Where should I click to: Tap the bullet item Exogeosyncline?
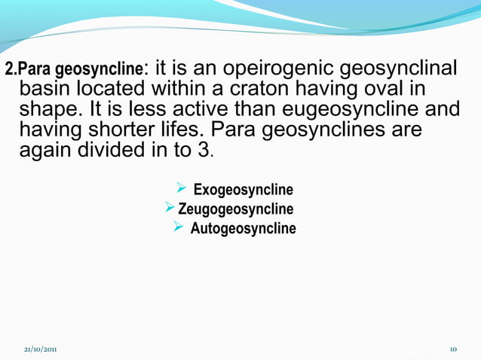pos(243,189)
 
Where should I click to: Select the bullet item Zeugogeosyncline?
pos(235,208)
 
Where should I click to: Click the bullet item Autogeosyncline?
pos(243,227)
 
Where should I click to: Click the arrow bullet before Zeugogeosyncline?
pos(170,207)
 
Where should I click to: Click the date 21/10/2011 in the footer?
pos(39,350)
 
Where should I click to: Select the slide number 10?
pos(453,350)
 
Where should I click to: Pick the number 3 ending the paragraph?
pos(203,150)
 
